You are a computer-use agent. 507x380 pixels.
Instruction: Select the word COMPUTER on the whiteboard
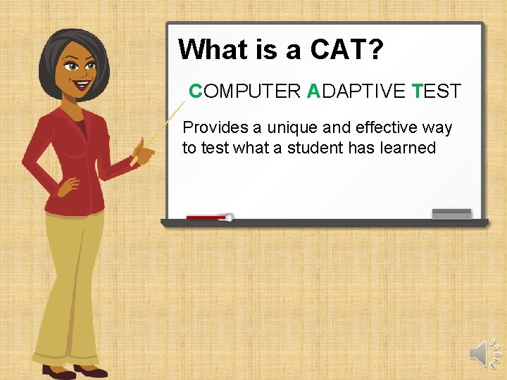245,91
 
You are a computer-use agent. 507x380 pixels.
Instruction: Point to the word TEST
437,91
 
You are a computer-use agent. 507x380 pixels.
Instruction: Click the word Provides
215,128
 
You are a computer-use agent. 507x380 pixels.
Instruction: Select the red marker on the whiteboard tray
208,217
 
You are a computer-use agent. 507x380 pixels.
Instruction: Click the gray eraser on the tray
451,214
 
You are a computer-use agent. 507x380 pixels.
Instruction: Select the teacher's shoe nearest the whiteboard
91,370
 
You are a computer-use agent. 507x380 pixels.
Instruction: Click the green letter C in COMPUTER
196,91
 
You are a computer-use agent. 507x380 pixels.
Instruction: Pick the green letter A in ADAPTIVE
313,91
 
